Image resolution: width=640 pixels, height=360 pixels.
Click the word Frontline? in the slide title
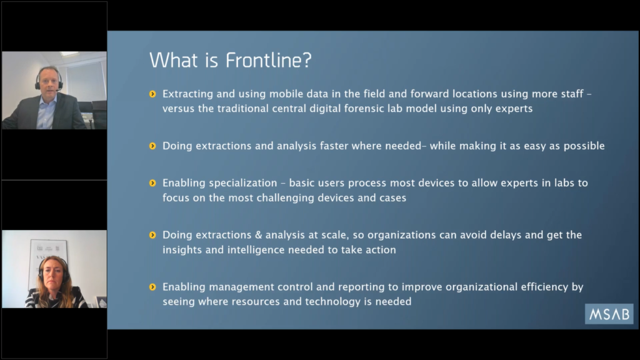pos(269,60)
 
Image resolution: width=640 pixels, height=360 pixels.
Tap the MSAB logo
pos(609,314)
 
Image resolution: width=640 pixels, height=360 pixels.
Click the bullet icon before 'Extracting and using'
pos(152,94)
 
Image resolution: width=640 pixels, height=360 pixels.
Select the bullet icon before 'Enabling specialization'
pos(152,183)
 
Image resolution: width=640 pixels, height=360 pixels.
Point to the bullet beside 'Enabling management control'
pos(152,287)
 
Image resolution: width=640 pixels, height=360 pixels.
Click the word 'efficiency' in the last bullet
pos(544,287)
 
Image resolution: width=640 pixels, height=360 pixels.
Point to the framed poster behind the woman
pos(47,261)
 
